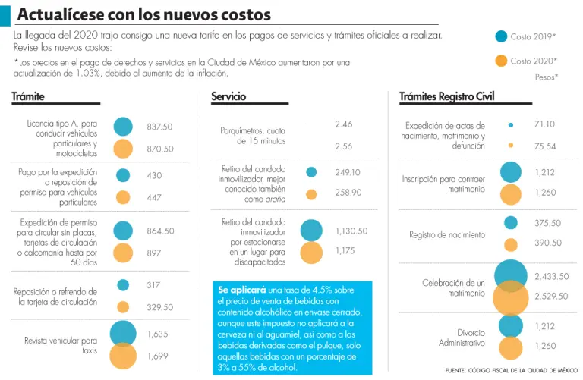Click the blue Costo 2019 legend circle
[500, 36]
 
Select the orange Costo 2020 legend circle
[500, 61]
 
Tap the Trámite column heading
[28, 96]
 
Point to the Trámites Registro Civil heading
[446, 96]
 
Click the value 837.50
[159, 127]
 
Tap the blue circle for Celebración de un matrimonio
[511, 277]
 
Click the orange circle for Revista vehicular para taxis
[123, 356]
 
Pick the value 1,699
[157, 356]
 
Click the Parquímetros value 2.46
[343, 124]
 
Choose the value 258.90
[348, 193]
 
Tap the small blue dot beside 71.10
[511, 124]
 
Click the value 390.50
[548, 243]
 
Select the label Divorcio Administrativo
[462, 338]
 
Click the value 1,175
[345, 250]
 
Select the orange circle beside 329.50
[123, 307]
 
